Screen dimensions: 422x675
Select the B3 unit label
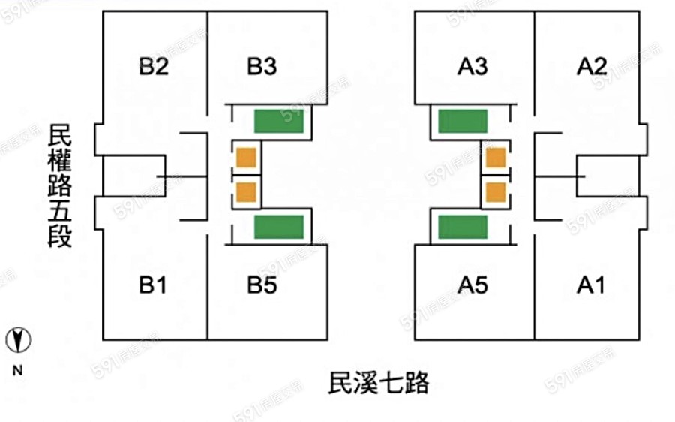[x=262, y=67]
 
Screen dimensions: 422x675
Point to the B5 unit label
[x=262, y=285]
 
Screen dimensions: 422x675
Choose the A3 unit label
[x=472, y=67]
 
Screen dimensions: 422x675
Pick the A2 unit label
[x=591, y=67]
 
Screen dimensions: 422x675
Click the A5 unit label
[x=472, y=285]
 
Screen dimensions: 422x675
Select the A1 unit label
[x=591, y=285]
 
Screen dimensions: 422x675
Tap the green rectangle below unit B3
[x=278, y=121]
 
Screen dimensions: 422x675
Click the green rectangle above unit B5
[x=278, y=227]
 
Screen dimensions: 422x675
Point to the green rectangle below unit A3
[x=463, y=121]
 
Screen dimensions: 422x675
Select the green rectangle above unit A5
[x=463, y=227]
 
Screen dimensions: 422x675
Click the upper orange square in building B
[x=246, y=158]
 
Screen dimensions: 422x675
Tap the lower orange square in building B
[x=246, y=191]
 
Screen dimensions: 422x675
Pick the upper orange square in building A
[x=496, y=158]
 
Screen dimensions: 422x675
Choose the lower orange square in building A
[x=496, y=191]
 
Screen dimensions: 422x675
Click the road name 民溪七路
[x=379, y=383]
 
